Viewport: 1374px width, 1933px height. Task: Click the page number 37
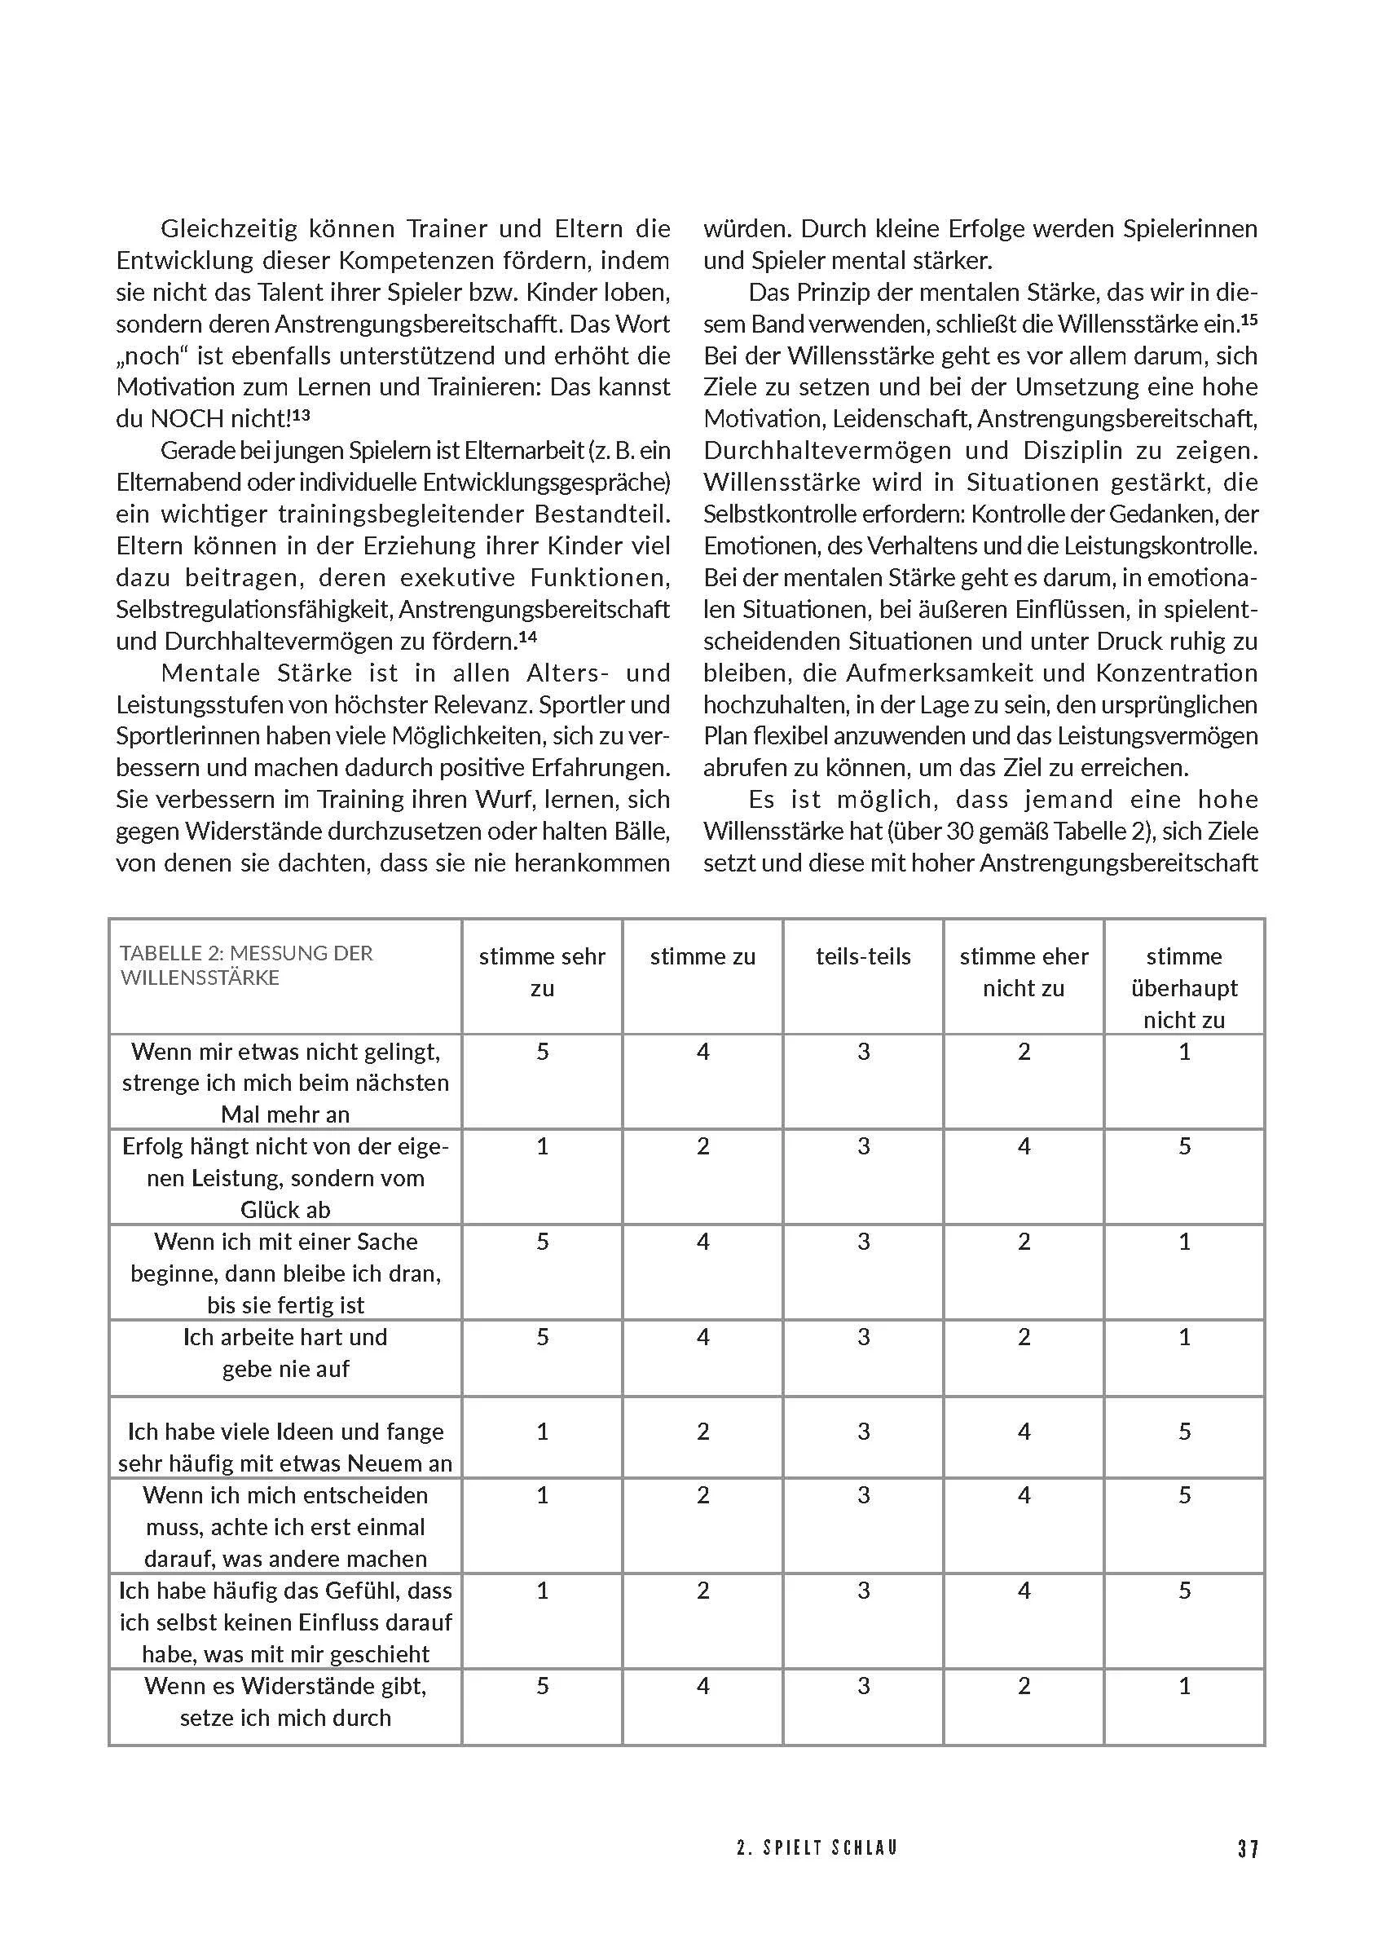(x=1248, y=1848)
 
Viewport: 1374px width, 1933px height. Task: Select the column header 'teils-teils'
(x=863, y=956)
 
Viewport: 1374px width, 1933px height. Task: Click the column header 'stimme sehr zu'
(x=542, y=972)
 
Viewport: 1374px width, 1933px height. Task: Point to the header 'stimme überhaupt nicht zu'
(x=1183, y=987)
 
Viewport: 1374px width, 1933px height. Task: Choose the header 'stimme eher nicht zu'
(x=1023, y=972)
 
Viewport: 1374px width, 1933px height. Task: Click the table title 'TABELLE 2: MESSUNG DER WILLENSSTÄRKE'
(x=246, y=964)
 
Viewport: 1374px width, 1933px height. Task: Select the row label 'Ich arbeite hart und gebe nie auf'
(x=285, y=1353)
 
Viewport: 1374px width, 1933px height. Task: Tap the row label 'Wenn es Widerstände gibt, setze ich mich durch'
(x=285, y=1701)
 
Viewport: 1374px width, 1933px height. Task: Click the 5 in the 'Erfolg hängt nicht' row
(x=1184, y=1146)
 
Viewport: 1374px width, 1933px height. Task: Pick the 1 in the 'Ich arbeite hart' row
(x=1184, y=1337)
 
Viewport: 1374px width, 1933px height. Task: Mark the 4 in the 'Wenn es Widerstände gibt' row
(x=703, y=1686)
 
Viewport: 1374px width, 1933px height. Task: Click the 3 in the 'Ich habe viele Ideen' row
(x=864, y=1431)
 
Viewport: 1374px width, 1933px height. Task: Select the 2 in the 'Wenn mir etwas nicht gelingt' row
(x=1024, y=1051)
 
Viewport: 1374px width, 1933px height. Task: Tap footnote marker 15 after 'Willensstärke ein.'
(x=1248, y=320)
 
